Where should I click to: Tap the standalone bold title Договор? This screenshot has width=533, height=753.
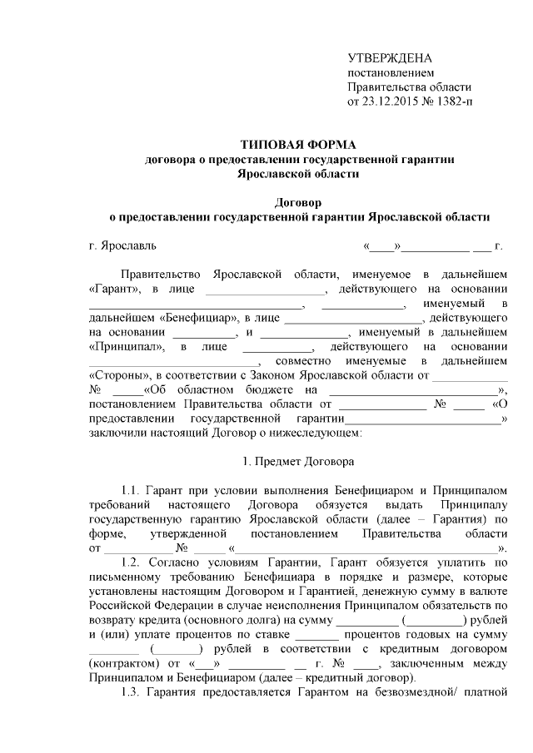tap(298, 202)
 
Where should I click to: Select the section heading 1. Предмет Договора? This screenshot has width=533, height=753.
tap(297, 460)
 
